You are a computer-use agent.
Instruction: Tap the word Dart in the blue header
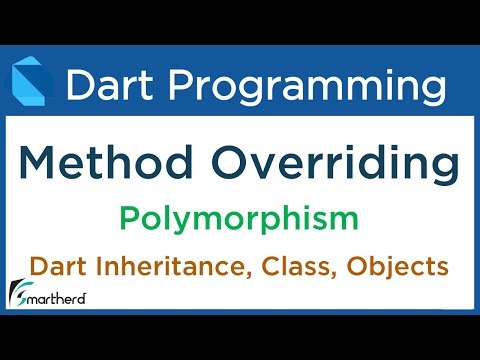[x=107, y=85]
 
